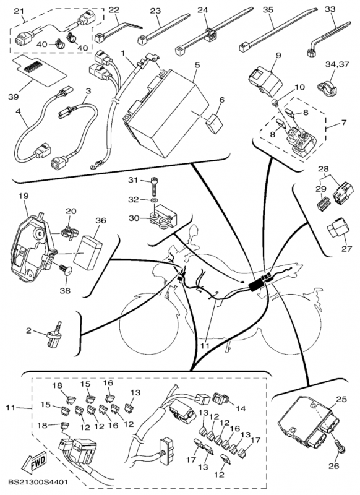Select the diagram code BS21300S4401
pos(38,483)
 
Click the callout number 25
pos(341,399)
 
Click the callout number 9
pos(278,56)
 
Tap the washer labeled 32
pos(153,200)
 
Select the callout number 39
pos(13,97)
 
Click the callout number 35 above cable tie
pos(268,9)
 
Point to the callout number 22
pos(114,9)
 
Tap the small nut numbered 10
pos(275,101)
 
